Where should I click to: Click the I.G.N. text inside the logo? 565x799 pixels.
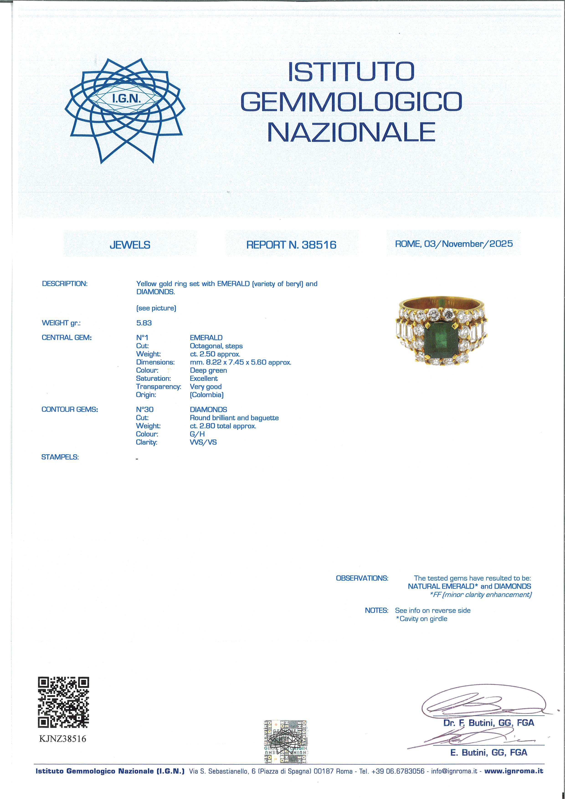(126, 99)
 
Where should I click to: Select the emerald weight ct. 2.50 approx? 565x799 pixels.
(215, 354)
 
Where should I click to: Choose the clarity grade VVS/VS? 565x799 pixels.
(203, 442)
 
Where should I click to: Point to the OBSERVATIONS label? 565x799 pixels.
(362, 578)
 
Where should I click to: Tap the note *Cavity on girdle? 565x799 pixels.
(421, 619)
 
